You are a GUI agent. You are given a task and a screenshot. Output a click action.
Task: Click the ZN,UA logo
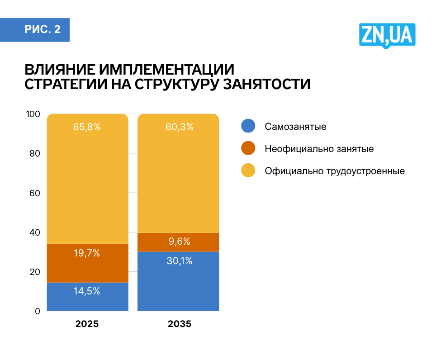click(387, 35)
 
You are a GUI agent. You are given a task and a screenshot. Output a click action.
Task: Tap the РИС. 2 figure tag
click(42, 30)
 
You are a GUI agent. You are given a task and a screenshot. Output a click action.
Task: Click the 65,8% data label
click(87, 127)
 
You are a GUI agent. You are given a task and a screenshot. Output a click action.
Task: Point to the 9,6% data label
click(179, 242)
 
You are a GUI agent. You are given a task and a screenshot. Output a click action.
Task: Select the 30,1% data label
click(179, 261)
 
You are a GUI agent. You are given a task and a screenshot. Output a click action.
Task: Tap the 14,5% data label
click(87, 291)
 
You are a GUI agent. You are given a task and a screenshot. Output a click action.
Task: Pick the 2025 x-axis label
click(87, 324)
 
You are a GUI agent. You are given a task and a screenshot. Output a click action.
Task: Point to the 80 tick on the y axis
click(35, 153)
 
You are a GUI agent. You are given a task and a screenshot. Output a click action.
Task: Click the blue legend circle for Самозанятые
click(248, 126)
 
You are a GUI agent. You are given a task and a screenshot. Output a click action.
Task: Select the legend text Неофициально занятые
click(319, 149)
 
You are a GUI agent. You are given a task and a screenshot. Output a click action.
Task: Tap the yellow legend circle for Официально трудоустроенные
click(248, 171)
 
